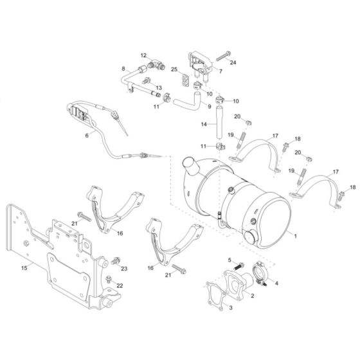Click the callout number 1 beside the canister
[x=295, y=236]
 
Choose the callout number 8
[x=122, y=67]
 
